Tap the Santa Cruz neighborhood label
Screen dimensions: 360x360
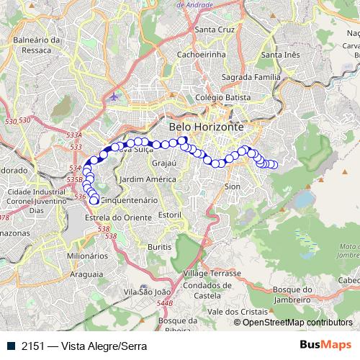pyautogui.click(x=215, y=30)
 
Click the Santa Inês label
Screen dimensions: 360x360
pyautogui.click(x=282, y=55)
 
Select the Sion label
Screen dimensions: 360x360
pyautogui.click(x=233, y=186)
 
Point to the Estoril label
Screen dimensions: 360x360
pyautogui.click(x=169, y=215)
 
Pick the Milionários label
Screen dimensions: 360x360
pyautogui.click(x=88, y=256)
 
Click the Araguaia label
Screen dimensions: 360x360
pyautogui.click(x=87, y=274)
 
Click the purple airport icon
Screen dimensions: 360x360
pyautogui.click(x=113, y=96)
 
